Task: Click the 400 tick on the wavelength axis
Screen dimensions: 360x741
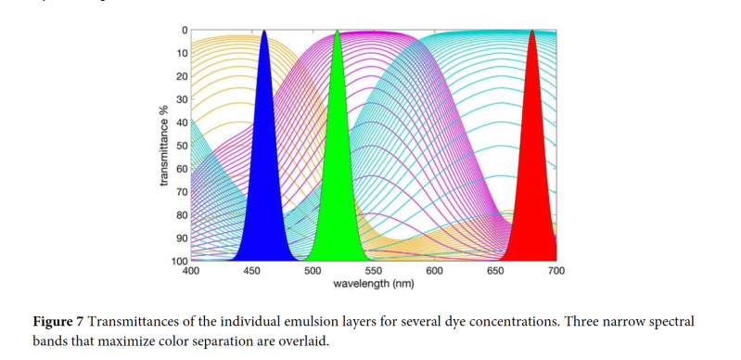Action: click(x=190, y=271)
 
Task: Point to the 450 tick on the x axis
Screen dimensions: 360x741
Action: click(x=251, y=271)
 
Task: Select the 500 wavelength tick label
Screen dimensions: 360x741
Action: click(x=313, y=271)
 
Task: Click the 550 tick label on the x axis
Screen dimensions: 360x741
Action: click(x=374, y=271)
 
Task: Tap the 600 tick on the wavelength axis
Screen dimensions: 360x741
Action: click(x=434, y=271)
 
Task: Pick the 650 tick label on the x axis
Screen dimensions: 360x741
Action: click(x=495, y=271)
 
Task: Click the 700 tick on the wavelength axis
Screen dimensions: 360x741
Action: click(x=556, y=271)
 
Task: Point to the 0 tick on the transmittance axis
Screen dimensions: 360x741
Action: click(x=184, y=31)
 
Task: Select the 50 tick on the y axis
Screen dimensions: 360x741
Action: click(x=182, y=146)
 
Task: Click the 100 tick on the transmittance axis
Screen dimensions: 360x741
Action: click(x=179, y=261)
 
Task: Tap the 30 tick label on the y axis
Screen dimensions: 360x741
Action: click(x=182, y=99)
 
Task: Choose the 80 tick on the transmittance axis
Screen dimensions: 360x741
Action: click(x=182, y=215)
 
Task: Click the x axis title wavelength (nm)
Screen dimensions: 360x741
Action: click(x=373, y=283)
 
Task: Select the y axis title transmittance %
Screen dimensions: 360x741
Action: click(x=164, y=146)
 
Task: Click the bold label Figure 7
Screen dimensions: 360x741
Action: click(x=58, y=322)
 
